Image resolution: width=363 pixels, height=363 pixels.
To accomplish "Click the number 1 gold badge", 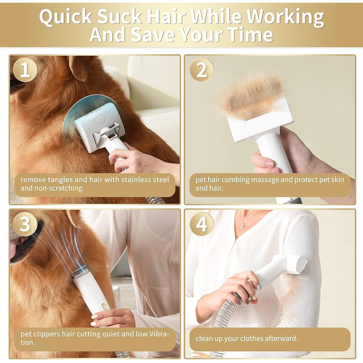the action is point(25,70).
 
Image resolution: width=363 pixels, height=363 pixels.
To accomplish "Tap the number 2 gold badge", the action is point(201,70).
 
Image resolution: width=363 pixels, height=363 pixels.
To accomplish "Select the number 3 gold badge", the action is point(25,224).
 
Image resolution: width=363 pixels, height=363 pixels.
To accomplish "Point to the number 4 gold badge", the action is point(201,224).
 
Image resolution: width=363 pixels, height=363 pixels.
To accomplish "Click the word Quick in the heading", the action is point(66,17).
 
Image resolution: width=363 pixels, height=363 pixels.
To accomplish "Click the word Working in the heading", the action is point(285,17).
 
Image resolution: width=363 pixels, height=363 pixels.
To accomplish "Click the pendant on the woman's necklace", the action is point(242,226).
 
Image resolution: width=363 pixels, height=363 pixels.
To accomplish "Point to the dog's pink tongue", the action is point(14,248).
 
